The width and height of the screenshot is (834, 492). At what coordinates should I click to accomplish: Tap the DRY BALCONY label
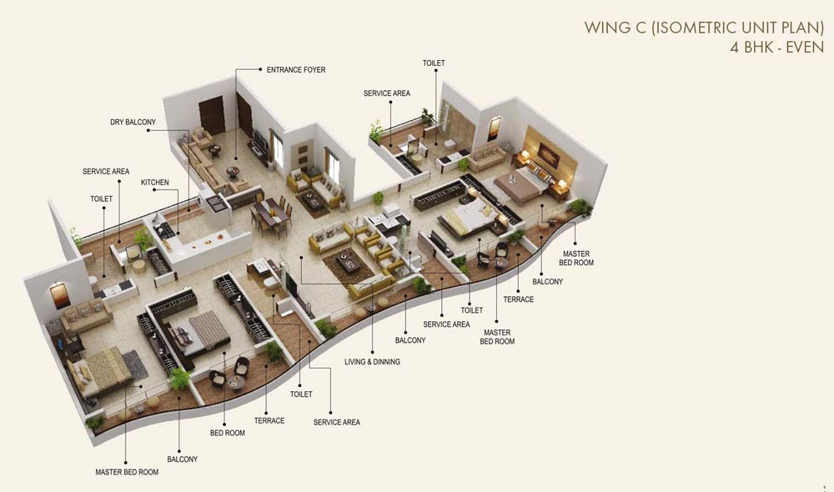[133, 123]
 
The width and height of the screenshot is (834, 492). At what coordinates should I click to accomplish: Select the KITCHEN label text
[155, 182]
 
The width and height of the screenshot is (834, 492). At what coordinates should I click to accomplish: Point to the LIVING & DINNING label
[372, 362]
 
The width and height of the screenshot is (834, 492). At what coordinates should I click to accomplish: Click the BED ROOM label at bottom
[227, 434]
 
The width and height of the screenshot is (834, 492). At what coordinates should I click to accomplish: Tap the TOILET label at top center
[434, 63]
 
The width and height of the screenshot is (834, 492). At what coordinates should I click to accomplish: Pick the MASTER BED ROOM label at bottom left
[127, 472]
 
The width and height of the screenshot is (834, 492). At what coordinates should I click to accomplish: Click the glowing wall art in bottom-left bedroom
[59, 294]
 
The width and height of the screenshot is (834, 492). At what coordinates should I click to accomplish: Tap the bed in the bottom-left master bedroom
[100, 368]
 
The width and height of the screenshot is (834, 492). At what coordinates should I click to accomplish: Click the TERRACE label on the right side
[518, 299]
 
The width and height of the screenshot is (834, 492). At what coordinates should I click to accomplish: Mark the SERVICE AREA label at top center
[386, 93]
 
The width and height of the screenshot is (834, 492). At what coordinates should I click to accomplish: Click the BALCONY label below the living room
[410, 340]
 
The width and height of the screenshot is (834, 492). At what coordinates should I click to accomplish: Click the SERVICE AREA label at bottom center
[337, 423]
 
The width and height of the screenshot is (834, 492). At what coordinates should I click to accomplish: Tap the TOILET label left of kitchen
[102, 199]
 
